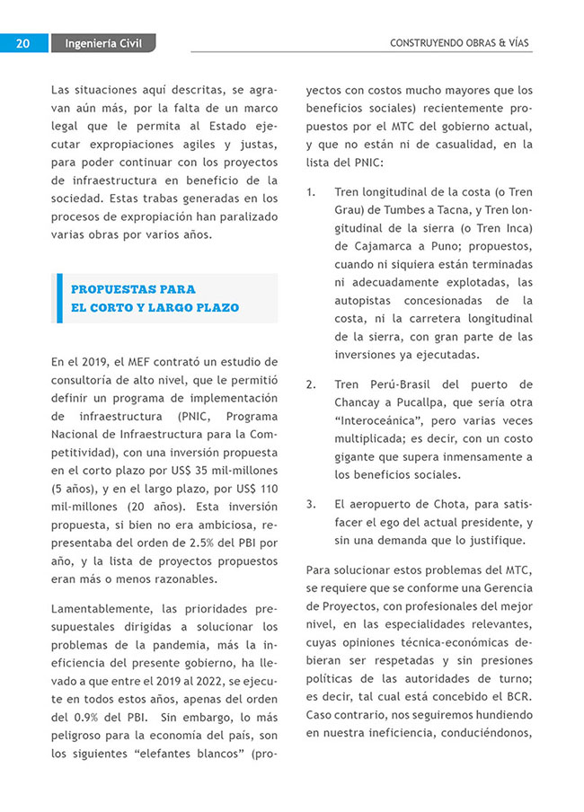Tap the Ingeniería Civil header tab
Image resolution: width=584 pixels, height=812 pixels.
tap(103, 43)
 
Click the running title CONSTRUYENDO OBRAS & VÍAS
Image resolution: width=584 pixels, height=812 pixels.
tap(460, 43)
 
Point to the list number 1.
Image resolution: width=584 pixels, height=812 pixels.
tap(311, 192)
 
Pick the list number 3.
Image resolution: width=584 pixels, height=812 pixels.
tap(311, 504)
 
